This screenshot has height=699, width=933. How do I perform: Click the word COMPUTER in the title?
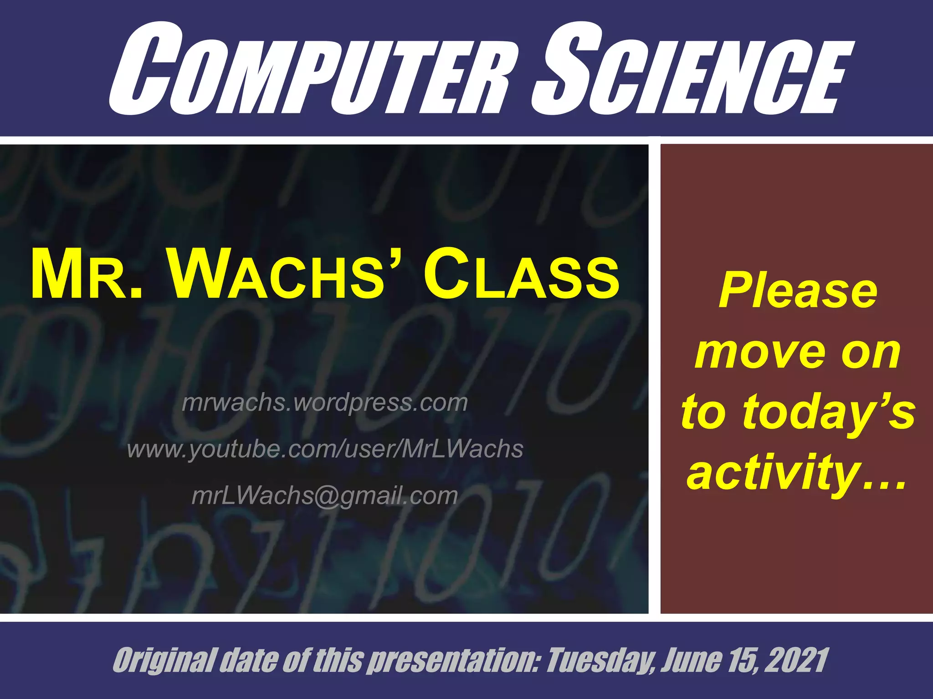[310, 71]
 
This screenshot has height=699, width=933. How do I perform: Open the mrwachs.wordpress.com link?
[325, 403]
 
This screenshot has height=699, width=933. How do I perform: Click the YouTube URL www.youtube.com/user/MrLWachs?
[325, 449]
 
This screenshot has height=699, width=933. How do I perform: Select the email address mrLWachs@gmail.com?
[325, 496]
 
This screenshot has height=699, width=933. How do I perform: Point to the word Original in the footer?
[164, 660]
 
